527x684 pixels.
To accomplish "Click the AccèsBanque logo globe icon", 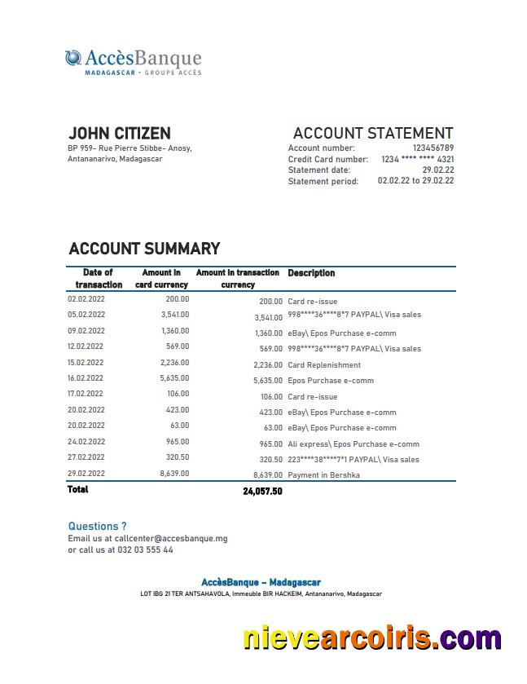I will tap(73, 58).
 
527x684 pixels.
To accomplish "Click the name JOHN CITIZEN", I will tap(119, 133).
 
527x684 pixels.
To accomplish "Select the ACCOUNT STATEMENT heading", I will tap(372, 133).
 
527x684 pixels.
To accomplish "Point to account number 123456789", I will tap(433, 148).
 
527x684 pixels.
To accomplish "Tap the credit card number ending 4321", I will tap(417, 159).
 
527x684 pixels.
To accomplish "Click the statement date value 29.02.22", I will tap(438, 170).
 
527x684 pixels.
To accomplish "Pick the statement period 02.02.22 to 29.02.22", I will tap(415, 181).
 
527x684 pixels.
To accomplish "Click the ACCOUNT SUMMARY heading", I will tap(144, 249).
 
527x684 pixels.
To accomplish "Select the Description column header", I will tap(311, 273).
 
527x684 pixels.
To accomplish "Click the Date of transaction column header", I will tap(99, 279).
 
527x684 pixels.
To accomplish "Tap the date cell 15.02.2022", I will tap(86, 363).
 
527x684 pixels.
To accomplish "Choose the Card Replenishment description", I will tap(323, 365).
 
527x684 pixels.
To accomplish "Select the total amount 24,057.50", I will tap(262, 492).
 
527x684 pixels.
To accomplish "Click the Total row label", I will tap(77, 490).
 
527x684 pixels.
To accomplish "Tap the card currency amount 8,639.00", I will tap(173, 473).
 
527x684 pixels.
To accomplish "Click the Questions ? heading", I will tap(97, 527).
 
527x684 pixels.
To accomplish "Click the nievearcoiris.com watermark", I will tap(371, 638).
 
